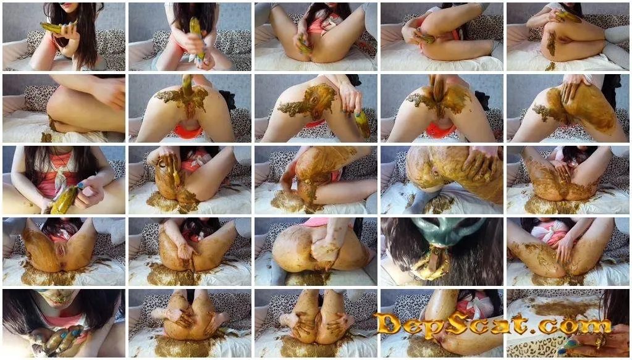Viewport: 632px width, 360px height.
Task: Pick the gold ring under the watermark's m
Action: [599, 343]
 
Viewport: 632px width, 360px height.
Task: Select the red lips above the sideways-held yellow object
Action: [68, 10]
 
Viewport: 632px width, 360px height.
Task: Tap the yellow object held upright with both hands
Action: [196, 36]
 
